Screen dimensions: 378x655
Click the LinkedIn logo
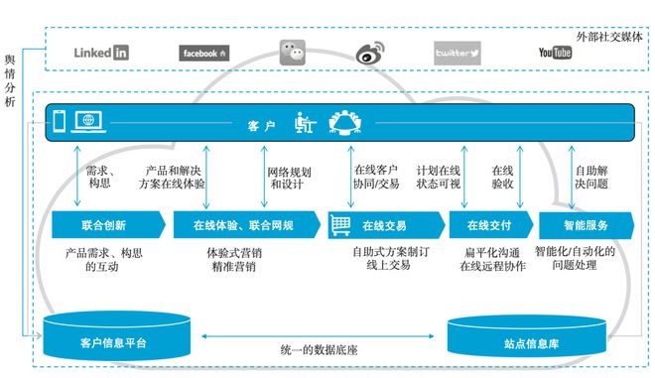point(101,53)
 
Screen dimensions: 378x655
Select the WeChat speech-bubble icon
point(293,52)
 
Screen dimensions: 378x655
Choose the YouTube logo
point(555,53)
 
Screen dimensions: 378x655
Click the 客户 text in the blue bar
point(262,126)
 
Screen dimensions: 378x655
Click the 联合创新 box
point(102,225)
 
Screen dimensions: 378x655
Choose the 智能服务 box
point(585,225)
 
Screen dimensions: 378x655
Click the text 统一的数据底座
point(317,349)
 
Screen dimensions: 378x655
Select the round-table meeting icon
point(345,122)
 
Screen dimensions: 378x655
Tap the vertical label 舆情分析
point(10,80)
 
